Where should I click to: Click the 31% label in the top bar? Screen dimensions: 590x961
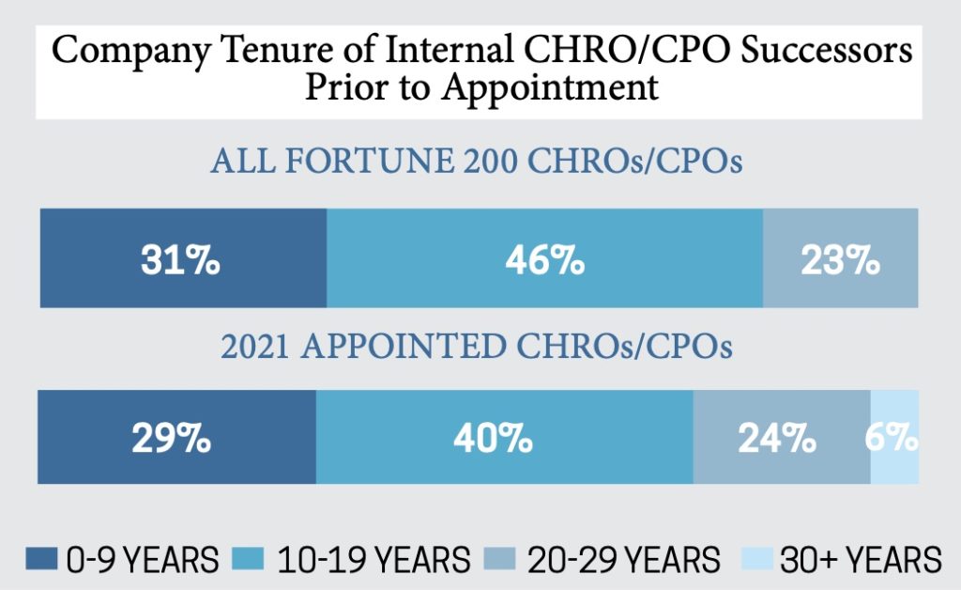coord(181,260)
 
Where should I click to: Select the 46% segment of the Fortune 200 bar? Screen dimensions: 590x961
coord(544,260)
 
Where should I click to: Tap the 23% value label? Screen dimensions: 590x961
coord(840,260)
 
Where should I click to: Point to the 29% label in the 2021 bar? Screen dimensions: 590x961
coord(171,438)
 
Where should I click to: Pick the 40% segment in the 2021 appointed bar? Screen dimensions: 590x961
coord(504,438)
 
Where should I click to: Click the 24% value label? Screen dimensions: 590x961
coord(775,438)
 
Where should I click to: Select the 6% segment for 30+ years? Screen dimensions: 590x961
coord(894,438)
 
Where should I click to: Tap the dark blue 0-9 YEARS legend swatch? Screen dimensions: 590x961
coord(40,559)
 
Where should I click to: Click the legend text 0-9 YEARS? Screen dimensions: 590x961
coord(143,560)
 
